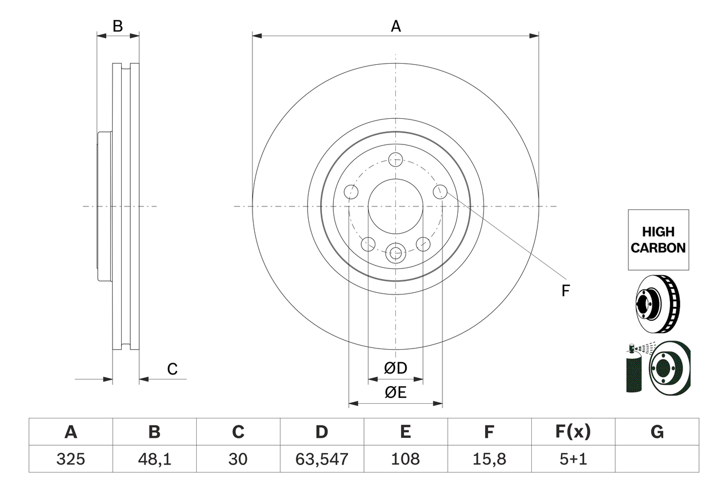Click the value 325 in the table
71,459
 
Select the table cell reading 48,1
155,459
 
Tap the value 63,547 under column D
322,459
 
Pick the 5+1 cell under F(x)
573,459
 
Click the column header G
657,433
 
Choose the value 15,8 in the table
489,459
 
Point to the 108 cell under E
406,459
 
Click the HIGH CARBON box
658,240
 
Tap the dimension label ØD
396,368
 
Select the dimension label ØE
396,393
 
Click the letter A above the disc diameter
396,26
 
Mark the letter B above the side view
118,26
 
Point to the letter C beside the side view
172,370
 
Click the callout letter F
565,291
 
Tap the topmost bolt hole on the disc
395,159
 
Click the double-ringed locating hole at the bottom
395,252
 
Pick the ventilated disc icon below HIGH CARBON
657,304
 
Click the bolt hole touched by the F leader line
440,192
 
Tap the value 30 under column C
238,459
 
